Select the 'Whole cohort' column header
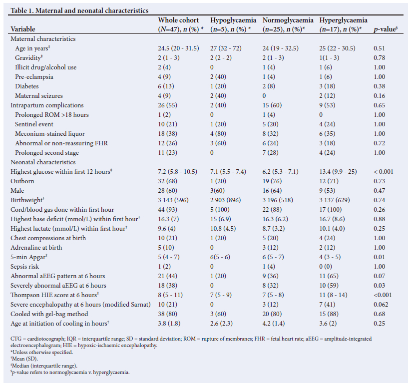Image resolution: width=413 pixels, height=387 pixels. coord(178,20)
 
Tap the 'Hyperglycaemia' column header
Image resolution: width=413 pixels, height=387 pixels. coord(343,20)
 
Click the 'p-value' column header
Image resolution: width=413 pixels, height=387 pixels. coord(385,29)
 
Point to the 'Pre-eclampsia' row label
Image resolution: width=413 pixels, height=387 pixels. coord(34,77)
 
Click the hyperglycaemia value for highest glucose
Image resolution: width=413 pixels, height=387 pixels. coord(337,172)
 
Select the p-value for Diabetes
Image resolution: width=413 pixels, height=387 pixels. coord(380,86)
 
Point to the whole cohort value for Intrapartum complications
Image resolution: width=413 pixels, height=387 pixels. coord(167,105)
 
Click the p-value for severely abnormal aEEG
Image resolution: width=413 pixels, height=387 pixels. coord(380,286)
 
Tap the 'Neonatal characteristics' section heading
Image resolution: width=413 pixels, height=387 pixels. coord(43,162)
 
